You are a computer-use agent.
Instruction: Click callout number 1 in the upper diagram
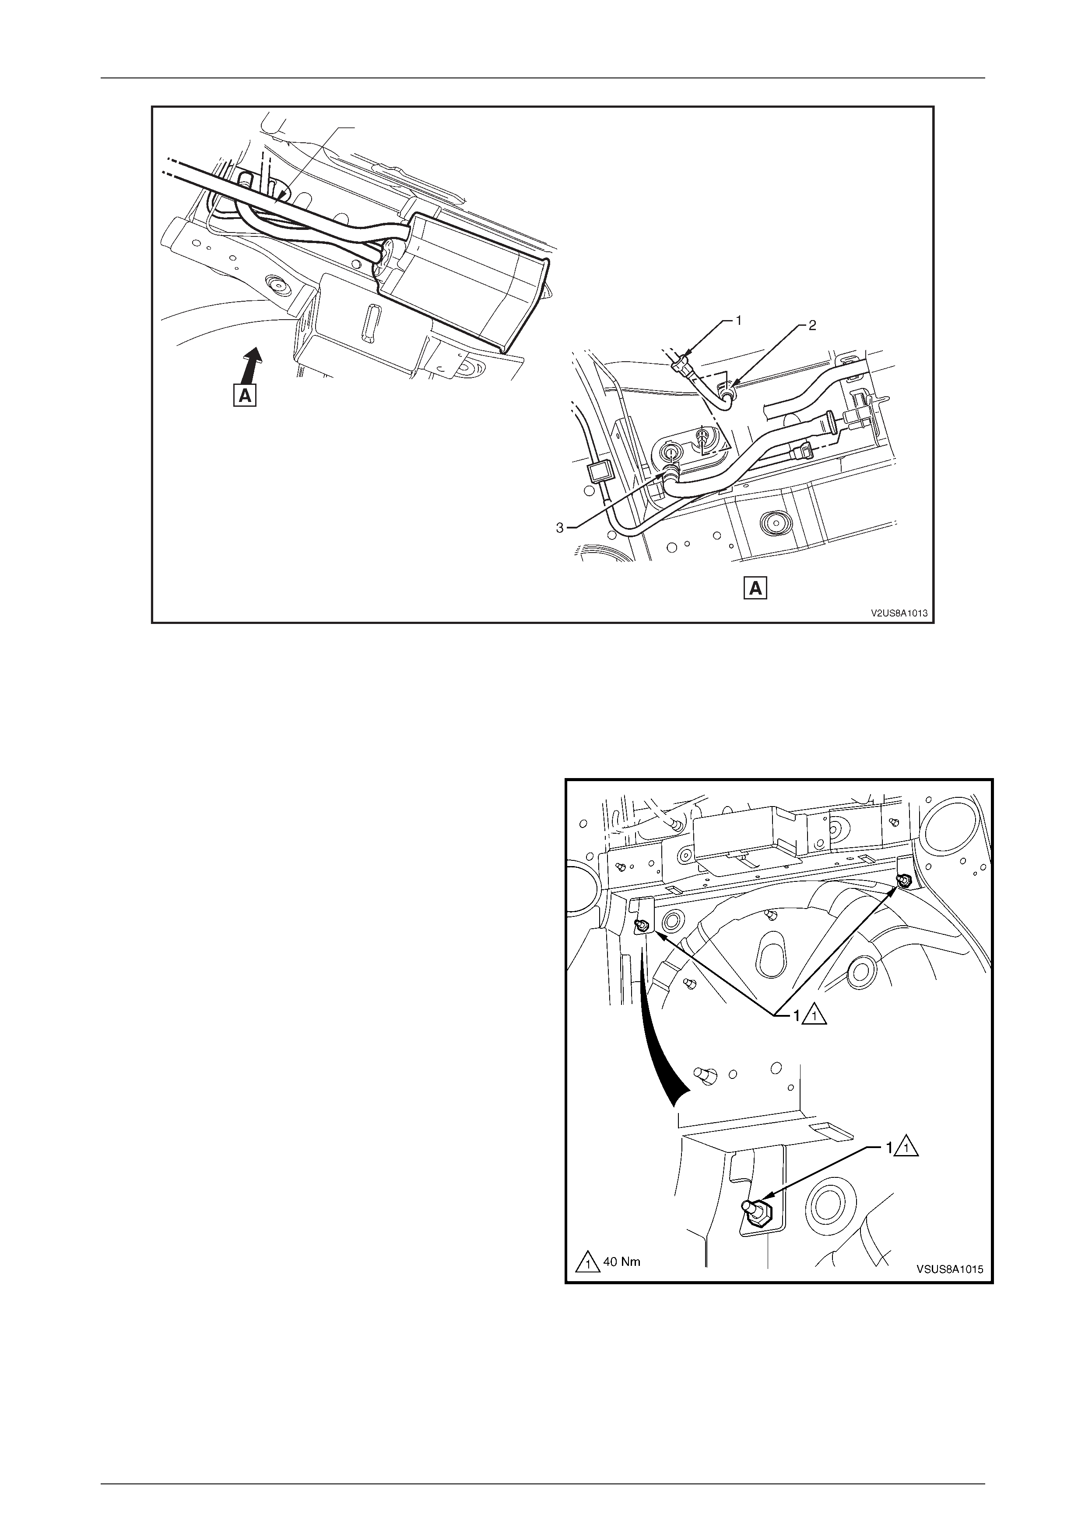739,321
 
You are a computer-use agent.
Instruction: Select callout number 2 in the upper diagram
811,326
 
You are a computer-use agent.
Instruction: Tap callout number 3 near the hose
560,528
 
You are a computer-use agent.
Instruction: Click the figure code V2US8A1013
898,612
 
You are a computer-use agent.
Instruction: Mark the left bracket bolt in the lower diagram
641,926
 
